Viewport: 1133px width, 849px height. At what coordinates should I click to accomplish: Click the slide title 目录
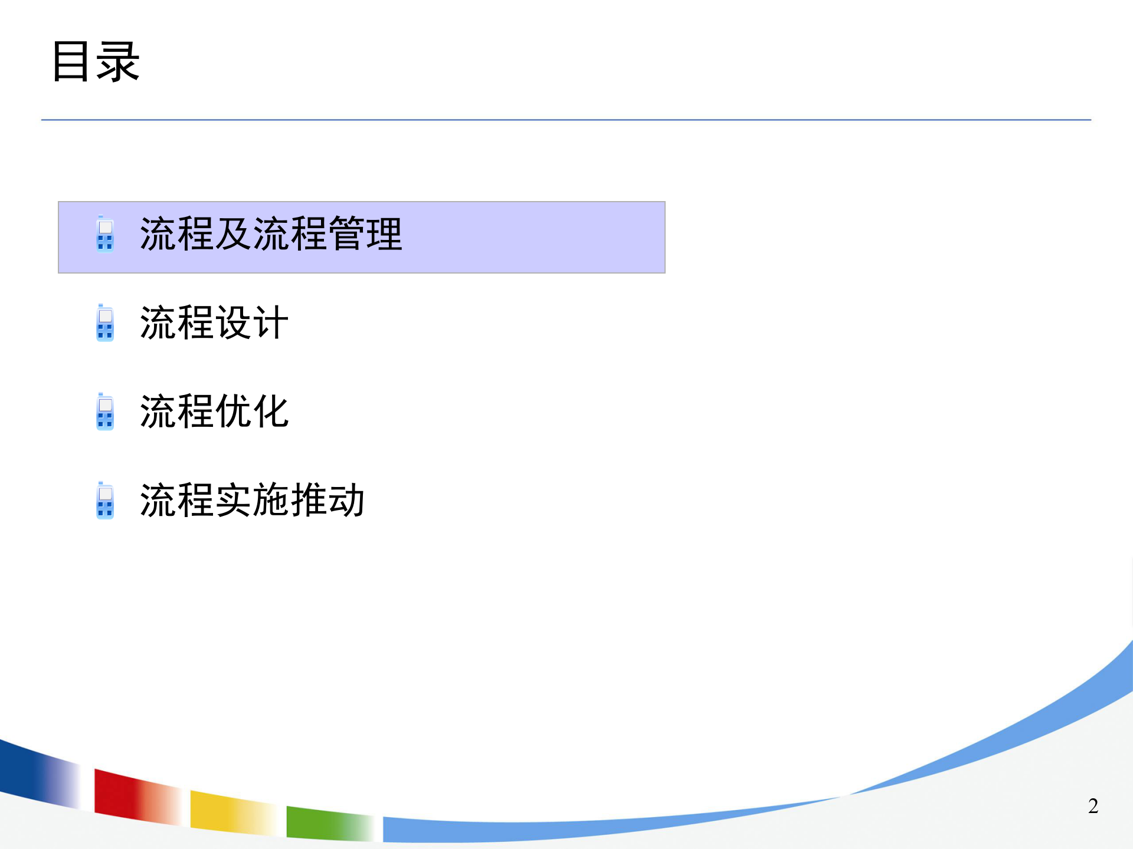click(96, 61)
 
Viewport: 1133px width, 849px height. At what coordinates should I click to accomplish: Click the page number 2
click(1093, 806)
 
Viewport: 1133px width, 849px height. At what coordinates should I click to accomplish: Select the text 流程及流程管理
click(271, 235)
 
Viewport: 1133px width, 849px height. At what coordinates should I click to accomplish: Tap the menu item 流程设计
click(214, 323)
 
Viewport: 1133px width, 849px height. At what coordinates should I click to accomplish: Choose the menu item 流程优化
click(214, 412)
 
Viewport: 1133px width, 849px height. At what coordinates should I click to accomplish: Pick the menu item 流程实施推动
click(252, 501)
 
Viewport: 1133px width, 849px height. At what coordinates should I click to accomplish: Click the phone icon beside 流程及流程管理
click(105, 234)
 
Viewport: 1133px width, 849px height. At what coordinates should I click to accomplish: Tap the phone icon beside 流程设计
click(105, 323)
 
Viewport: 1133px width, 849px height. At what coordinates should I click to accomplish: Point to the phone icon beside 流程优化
click(105, 412)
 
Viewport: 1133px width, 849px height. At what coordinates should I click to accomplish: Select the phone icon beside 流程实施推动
click(105, 501)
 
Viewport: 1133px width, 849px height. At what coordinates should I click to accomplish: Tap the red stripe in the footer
click(124, 793)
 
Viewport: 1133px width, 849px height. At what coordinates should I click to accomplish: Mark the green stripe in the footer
click(319, 823)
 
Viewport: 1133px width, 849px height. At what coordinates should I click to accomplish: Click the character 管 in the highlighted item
click(346, 235)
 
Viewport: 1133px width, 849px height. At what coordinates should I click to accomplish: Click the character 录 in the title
click(118, 61)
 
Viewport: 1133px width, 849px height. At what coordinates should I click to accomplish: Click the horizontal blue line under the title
click(566, 120)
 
